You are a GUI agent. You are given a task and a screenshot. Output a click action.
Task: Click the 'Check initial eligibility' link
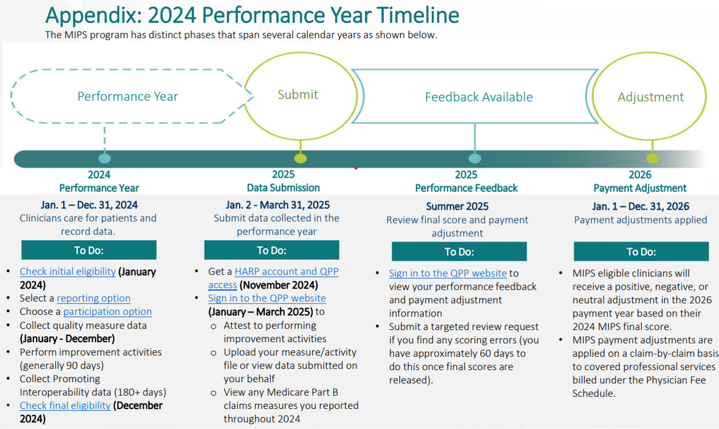coord(68,271)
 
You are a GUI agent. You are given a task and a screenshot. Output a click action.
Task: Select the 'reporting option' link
coord(94,298)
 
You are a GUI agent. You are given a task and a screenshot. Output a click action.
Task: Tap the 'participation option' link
coord(107,312)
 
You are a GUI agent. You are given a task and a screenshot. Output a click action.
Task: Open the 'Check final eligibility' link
coord(65,405)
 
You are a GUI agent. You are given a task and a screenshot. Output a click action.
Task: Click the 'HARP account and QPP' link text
coord(287,271)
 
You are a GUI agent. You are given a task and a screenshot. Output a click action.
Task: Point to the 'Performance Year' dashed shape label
coord(128,97)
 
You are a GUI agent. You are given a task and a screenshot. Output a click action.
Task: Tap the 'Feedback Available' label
coord(479,97)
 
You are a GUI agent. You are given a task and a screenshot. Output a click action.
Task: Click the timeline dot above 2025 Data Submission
coord(301,159)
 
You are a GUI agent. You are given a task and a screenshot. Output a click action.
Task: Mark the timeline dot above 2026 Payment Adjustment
coord(653,159)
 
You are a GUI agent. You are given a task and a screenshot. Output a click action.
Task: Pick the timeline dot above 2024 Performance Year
coord(104,159)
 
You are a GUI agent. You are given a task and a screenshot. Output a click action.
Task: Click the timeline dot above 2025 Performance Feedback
coord(475,159)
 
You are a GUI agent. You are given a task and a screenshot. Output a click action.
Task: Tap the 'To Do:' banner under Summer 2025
coord(459,252)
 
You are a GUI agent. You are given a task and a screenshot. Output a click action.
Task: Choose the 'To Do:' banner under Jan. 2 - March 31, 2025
coord(271,250)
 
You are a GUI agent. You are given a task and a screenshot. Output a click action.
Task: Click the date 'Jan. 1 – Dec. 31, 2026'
coord(640,207)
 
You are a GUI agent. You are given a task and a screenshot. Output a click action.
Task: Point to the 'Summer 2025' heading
coord(457,207)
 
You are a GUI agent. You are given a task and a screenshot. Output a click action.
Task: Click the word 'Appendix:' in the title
coord(94,16)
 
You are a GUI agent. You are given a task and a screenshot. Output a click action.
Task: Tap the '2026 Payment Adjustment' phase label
coord(639,181)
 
